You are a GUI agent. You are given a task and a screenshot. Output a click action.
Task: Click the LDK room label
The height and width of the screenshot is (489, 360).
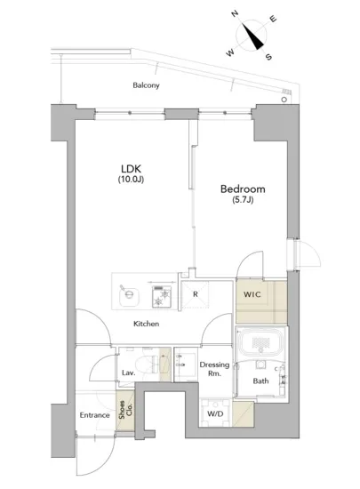131,169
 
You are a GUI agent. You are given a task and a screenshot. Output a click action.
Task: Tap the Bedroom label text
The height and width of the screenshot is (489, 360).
243,189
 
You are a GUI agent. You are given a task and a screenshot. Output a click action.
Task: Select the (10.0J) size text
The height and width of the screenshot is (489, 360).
131,180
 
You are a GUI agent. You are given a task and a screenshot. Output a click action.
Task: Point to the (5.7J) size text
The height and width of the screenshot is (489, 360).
243,199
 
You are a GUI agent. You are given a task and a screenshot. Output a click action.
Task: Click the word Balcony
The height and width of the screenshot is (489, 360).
146,85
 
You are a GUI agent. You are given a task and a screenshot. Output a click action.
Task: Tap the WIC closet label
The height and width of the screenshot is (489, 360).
252,294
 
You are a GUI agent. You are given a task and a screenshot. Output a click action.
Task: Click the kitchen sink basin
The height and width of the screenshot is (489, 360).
130,295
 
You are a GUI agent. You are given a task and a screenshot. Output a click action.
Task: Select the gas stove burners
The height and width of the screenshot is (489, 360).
162,297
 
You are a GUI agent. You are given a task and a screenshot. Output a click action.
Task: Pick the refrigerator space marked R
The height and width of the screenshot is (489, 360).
196,294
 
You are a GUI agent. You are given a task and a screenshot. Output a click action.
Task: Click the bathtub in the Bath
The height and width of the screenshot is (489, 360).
260,342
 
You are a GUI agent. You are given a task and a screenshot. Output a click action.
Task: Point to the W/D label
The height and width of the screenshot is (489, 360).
215,413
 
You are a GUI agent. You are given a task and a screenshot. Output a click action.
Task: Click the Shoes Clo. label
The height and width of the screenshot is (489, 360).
125,410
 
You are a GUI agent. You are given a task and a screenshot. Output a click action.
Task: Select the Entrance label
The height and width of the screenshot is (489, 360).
94,415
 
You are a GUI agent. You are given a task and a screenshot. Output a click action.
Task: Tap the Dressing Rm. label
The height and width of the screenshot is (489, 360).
214,369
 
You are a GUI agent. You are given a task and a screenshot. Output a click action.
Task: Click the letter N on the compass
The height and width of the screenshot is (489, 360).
235,13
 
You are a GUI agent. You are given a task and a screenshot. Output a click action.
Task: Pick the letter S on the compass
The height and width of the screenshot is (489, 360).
268,57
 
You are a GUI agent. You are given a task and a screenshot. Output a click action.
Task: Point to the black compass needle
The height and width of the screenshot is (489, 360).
252,36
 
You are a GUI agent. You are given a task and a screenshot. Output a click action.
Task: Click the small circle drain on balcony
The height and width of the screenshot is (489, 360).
284,100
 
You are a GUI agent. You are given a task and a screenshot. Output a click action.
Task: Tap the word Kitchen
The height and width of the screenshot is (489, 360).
146,324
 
